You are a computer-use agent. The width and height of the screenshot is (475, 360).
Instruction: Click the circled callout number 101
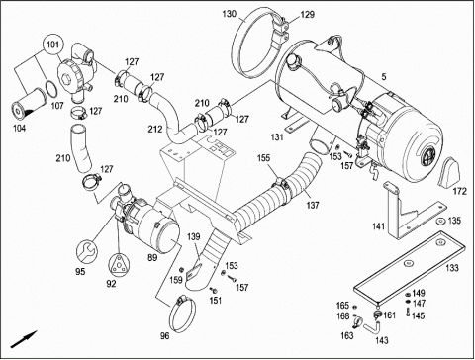click(x=52, y=45)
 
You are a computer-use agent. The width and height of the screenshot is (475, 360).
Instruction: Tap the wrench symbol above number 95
click(x=87, y=252)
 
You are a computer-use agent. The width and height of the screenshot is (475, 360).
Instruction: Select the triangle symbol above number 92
click(x=119, y=264)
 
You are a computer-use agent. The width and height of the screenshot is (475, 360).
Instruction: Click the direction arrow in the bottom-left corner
click(x=24, y=339)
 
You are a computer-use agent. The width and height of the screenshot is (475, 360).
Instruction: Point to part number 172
click(x=460, y=191)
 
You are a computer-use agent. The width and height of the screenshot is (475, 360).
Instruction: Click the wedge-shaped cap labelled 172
click(x=448, y=172)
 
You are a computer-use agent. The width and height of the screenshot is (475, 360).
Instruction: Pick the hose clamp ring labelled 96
click(x=182, y=315)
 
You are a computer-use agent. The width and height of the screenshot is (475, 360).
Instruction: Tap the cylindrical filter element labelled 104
click(x=28, y=105)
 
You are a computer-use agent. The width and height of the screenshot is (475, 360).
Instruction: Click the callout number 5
click(x=383, y=77)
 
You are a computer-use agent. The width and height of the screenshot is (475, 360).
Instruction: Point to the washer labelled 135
click(x=439, y=221)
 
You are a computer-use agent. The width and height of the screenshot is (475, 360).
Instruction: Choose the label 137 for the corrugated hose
click(x=313, y=205)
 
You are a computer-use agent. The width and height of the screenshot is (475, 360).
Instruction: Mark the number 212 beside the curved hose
click(x=155, y=129)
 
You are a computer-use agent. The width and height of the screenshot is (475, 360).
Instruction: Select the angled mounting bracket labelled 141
click(x=413, y=211)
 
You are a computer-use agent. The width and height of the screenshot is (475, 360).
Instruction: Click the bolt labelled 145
click(x=408, y=312)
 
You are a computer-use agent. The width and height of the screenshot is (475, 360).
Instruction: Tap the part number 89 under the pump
click(x=152, y=257)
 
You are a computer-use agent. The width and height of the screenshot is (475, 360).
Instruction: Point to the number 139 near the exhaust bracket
click(x=193, y=236)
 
